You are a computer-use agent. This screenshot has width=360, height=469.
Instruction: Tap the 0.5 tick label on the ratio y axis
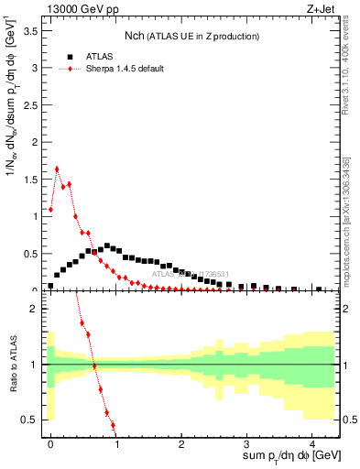point(32,420)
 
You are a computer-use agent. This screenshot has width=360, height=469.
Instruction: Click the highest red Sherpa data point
point(57,169)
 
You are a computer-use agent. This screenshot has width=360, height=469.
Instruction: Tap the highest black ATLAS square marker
point(107,245)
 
